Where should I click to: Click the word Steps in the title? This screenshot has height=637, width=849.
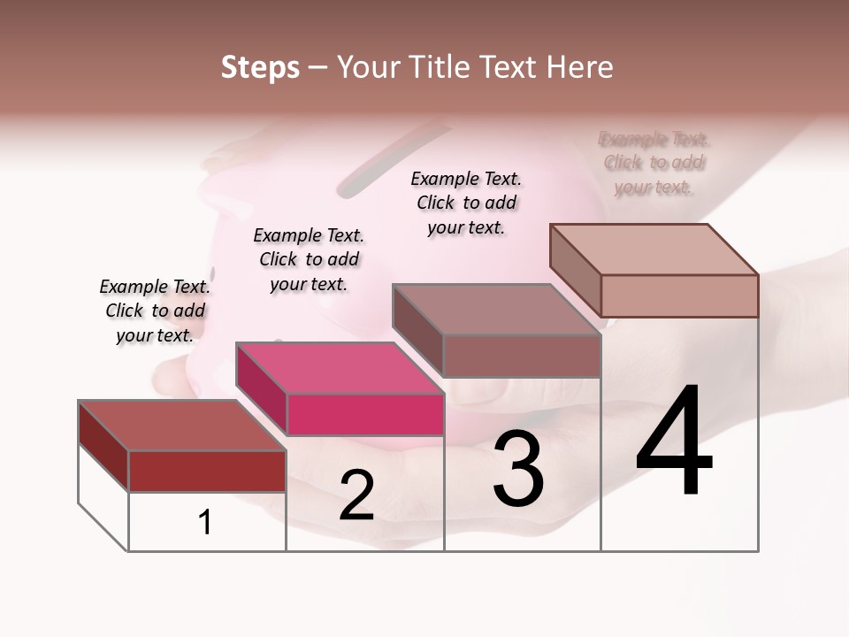260,67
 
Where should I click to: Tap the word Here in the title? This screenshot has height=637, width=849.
579,67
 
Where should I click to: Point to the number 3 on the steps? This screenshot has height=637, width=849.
518,469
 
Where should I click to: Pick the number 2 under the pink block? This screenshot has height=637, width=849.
356,495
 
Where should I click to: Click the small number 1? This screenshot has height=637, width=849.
205,522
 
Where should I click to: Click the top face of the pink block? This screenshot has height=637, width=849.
340,367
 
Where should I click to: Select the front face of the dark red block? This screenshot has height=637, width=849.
207,471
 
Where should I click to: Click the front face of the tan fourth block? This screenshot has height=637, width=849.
679,295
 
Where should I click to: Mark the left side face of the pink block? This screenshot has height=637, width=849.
262,388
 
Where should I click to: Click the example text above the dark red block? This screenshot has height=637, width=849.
155,311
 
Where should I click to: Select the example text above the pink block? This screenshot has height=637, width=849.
309,259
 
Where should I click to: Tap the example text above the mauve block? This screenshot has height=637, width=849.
466,203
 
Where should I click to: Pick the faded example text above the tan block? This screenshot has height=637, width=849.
654,163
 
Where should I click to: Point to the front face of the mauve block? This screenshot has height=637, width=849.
522,356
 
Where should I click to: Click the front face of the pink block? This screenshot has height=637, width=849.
365,414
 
